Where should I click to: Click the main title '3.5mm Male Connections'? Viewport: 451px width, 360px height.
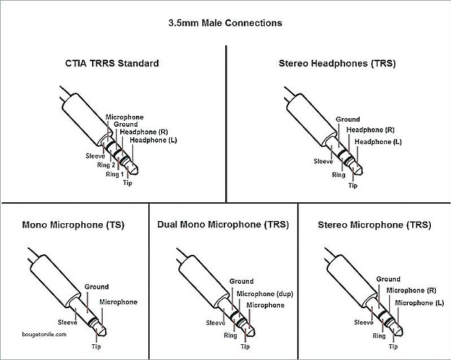224,22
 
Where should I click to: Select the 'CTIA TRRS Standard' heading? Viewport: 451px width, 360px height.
111,63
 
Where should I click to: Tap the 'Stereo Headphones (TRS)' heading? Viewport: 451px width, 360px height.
337,63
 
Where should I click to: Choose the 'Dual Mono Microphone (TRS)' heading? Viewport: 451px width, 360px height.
222,225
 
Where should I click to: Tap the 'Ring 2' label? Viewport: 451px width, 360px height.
106,165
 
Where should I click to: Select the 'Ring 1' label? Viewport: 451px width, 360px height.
115,174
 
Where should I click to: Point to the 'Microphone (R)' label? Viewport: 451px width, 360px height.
410,290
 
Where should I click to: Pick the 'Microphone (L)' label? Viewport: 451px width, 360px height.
419,302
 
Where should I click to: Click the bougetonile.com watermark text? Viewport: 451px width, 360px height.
45,334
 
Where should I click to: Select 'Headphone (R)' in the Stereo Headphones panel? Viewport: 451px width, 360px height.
370,130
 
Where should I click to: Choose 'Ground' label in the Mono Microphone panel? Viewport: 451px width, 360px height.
96,287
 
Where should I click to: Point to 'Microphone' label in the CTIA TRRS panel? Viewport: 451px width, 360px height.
124,117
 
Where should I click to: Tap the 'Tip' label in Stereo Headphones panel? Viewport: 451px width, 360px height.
352,185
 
